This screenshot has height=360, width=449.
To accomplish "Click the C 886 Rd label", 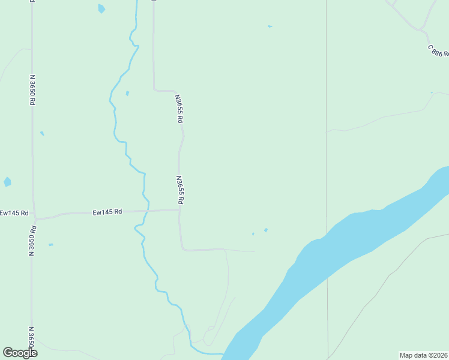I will (438, 50).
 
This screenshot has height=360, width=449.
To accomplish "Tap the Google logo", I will (20, 353).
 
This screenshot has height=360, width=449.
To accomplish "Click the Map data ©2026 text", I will (424, 355).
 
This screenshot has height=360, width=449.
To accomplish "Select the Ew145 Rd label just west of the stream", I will (107, 212).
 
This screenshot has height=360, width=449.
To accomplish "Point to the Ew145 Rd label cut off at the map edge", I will (11, 213).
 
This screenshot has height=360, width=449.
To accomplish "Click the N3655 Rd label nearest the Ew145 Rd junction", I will (179, 190).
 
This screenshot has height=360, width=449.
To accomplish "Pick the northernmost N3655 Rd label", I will (178, 109).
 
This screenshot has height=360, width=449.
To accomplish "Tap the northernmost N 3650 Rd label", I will (32, 90).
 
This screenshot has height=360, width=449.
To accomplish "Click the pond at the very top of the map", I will (101, 8).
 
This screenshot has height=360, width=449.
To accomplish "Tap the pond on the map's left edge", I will (7, 181).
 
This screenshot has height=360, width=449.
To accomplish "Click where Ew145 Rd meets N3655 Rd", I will (179, 210).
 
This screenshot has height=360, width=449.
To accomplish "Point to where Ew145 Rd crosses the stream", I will (146, 211).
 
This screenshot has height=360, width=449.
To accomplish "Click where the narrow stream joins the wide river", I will (223, 354).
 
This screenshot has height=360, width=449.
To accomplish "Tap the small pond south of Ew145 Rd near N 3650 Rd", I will (50, 245).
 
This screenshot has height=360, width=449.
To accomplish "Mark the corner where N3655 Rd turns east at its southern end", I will (182, 249).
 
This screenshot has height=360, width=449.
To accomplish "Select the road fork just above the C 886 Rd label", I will (422, 28).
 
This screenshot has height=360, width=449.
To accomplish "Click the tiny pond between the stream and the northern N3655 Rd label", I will (127, 94).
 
